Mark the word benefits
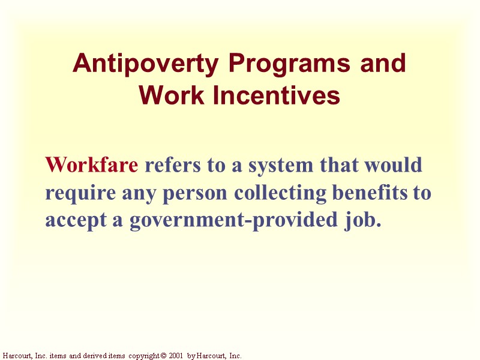[x=369, y=193]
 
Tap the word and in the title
[x=382, y=64]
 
